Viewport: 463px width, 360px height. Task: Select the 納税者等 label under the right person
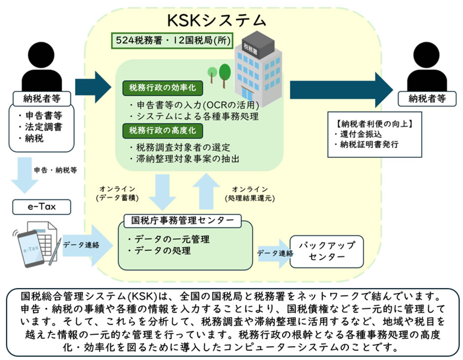pos(427,98)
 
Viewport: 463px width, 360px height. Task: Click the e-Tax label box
pos(42,207)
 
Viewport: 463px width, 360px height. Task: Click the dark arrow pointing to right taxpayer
pos(340,89)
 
